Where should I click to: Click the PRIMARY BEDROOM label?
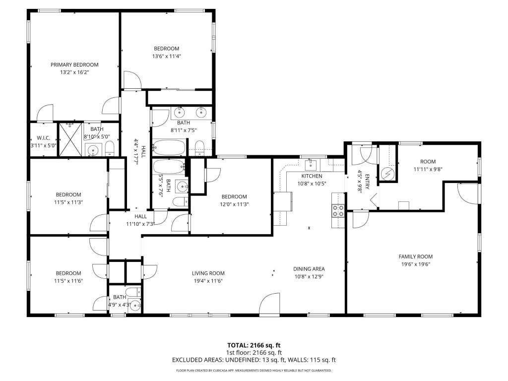tap(74, 65)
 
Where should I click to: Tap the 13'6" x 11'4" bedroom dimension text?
tap(167, 57)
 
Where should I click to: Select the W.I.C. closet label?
tap(44, 138)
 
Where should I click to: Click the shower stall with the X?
tap(70, 139)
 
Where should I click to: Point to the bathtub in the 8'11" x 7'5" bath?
tap(169, 147)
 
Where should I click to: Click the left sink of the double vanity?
tap(180, 113)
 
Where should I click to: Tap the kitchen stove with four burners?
tap(338, 210)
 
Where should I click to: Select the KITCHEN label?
tap(312, 176)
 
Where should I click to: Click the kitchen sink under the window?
tap(311, 165)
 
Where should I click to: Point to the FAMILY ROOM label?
tap(416, 256)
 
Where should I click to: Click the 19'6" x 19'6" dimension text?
tap(416, 264)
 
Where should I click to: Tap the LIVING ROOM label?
tap(208, 273)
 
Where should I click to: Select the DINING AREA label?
tap(309, 269)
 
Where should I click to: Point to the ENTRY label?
tap(367, 182)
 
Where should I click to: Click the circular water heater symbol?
tap(387, 174)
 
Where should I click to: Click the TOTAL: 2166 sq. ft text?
tap(254, 345)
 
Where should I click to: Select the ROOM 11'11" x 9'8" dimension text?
tap(428, 170)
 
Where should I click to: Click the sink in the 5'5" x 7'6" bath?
tap(182, 187)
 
